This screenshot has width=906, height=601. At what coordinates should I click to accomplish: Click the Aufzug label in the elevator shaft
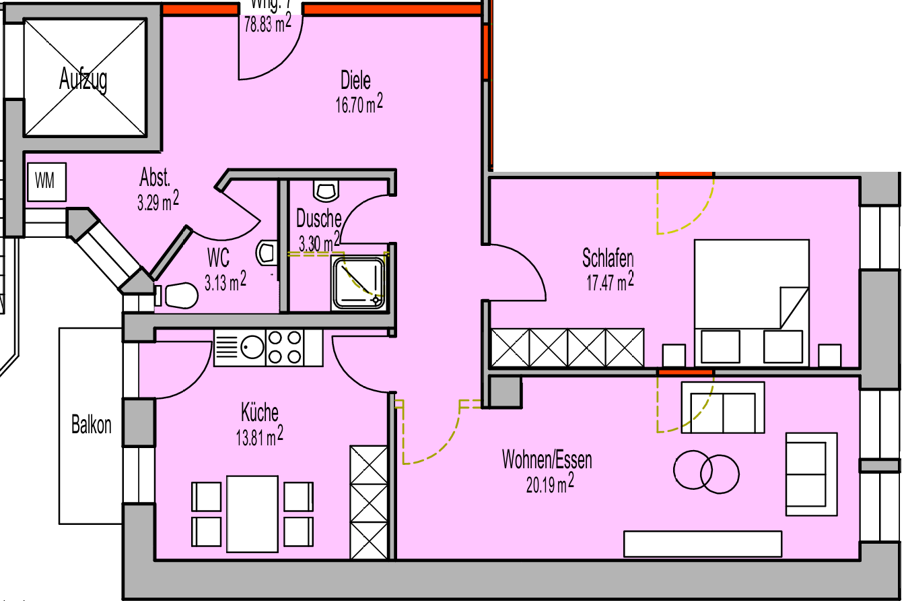coord(83,80)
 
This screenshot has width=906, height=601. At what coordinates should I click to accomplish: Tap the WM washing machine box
coord(46,181)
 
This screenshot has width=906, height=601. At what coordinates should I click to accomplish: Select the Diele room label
coord(355,81)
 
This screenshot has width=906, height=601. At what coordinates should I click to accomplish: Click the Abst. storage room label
coord(155,179)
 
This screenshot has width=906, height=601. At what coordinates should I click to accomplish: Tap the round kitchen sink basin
coord(253,348)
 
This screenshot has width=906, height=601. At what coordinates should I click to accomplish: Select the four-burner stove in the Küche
coord(285,348)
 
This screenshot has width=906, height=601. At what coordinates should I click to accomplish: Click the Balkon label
coord(92,426)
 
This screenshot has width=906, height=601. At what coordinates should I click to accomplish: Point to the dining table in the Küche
coord(252,513)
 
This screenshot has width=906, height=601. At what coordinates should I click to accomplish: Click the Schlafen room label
coord(608,258)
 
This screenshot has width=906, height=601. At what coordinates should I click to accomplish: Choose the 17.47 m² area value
coord(610,281)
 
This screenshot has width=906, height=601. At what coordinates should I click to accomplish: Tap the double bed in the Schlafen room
coord(752,302)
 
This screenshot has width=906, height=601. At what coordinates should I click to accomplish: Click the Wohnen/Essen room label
coord(547,460)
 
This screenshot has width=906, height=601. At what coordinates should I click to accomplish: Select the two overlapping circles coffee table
coord(707,470)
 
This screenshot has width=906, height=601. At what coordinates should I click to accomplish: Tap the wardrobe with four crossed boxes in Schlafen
coord(567,348)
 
